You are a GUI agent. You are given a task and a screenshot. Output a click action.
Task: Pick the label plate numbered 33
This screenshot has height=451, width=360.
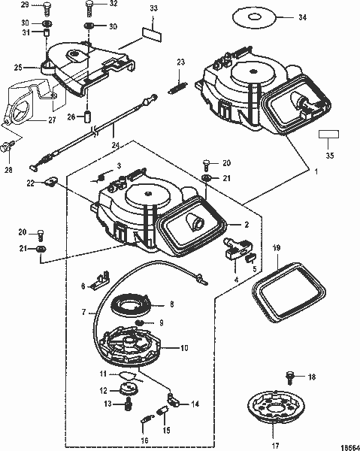[153, 35]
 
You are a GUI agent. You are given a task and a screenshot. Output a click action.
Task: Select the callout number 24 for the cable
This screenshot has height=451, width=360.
[114, 145]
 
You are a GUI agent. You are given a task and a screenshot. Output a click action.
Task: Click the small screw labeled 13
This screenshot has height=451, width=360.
[129, 405]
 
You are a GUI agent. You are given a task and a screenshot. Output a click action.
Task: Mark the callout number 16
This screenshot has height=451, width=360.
[145, 440]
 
